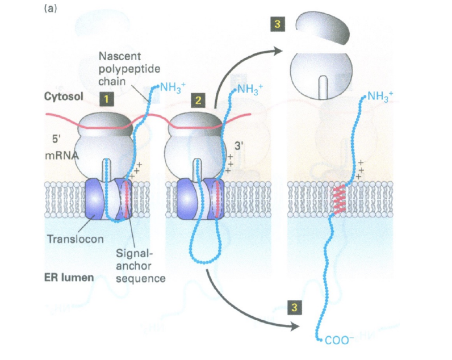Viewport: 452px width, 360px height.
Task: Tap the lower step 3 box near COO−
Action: pos(294,308)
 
